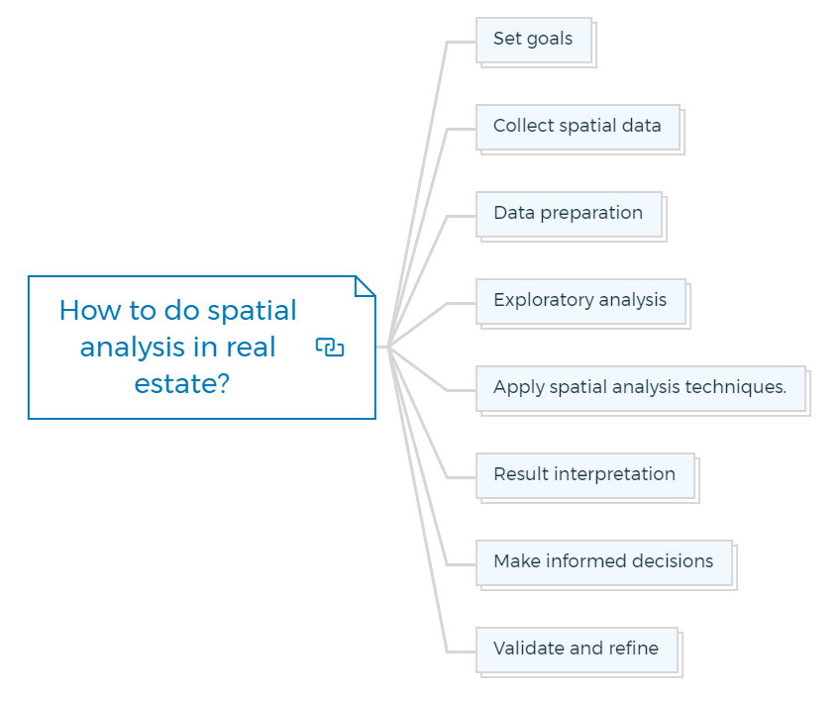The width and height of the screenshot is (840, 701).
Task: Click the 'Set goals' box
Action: click(x=534, y=41)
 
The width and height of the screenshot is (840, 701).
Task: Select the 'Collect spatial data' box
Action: click(x=578, y=128)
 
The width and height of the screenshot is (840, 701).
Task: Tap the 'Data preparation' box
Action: click(x=569, y=215)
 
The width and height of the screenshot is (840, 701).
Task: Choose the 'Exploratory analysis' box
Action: click(x=580, y=302)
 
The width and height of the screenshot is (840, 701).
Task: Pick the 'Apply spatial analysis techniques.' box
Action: click(x=641, y=389)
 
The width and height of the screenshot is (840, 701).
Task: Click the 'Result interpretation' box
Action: click(x=585, y=476)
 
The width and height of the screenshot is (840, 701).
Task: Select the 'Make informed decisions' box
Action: click(x=604, y=563)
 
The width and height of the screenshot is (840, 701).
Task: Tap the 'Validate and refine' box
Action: click(x=577, y=651)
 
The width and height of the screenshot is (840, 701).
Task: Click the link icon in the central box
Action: click(x=330, y=347)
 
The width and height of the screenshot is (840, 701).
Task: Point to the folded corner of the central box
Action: click(x=366, y=286)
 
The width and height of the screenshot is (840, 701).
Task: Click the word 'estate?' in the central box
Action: click(x=181, y=384)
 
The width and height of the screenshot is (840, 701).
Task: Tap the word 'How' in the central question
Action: click(x=90, y=310)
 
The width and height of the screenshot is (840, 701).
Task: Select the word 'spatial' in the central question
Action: click(x=252, y=312)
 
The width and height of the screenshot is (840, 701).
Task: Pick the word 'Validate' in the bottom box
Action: click(x=529, y=648)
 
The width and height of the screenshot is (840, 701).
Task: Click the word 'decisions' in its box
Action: click(x=673, y=560)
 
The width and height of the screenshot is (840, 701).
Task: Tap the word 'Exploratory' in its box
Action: click(x=544, y=300)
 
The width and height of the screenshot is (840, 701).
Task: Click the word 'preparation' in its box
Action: click(x=591, y=214)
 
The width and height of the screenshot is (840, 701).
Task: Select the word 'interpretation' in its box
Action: click(x=614, y=474)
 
